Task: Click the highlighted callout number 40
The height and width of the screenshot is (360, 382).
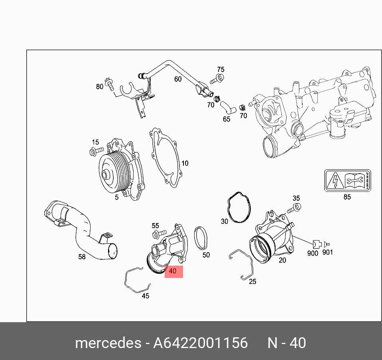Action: coord(173,271)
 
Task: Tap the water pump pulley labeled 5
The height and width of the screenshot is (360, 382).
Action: coord(114,171)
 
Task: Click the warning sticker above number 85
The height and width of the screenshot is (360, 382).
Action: coord(346,180)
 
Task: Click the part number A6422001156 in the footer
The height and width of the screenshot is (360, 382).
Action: coord(200,342)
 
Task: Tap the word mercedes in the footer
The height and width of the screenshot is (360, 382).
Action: coord(108,342)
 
